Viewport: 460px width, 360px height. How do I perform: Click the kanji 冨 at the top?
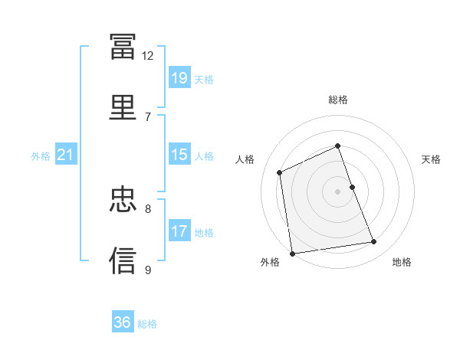point(123,46)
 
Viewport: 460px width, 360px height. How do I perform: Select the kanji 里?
point(123,107)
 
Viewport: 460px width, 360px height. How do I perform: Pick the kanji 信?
point(123,260)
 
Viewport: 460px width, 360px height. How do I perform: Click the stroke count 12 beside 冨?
point(147,56)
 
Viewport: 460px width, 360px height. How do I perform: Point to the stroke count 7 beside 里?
point(148,117)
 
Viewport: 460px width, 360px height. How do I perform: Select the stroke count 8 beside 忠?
point(148,209)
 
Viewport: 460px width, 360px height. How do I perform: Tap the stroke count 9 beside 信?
point(148,270)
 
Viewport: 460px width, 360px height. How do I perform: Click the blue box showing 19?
point(179,77)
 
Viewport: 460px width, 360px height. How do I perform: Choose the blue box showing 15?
point(179,154)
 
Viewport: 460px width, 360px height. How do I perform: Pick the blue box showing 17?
point(179,230)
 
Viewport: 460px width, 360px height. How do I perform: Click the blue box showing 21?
point(66,154)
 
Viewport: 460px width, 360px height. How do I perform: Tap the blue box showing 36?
point(123,321)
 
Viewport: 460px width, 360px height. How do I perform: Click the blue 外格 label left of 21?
point(41,156)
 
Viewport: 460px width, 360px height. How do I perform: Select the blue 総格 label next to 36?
point(147,324)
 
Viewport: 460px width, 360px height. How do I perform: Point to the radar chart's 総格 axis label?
point(338,100)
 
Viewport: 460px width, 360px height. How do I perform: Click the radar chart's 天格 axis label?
point(431,159)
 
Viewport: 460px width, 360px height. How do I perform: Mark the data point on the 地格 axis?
point(374,241)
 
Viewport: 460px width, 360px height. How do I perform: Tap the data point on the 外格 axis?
point(292,254)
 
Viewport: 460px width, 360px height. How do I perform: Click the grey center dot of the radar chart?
point(337,191)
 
